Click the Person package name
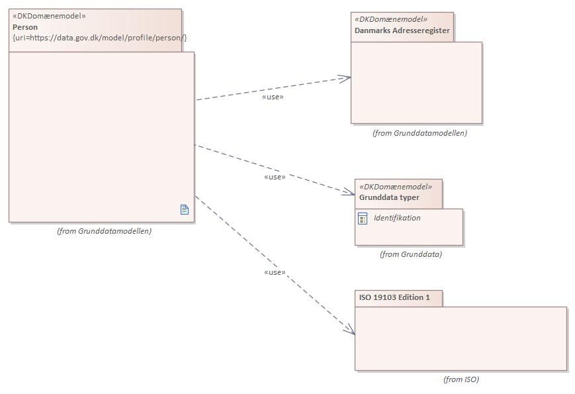pyautogui.click(x=25, y=27)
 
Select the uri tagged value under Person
pyautogui.click(x=100, y=38)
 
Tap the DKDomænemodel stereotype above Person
pyautogui.click(x=49, y=16)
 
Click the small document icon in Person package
pyautogui.click(x=185, y=209)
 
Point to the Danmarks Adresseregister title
pyautogui.click(x=402, y=30)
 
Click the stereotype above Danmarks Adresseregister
pyautogui.click(x=391, y=19)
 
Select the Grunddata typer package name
pyautogui.click(x=389, y=197)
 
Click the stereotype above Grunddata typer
pyautogui.click(x=395, y=187)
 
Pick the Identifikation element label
pyautogui.click(x=397, y=218)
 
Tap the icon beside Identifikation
pyautogui.click(x=363, y=219)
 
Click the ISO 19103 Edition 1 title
pyautogui.click(x=394, y=297)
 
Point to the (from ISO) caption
pyautogui.click(x=461, y=379)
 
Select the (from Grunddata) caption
pyautogui.click(x=411, y=254)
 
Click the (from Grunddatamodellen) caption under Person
pyautogui.click(x=104, y=231)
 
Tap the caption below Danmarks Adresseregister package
pyautogui.click(x=420, y=133)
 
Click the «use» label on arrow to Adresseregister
pyautogui.click(x=273, y=97)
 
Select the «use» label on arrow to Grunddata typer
pyautogui.click(x=275, y=177)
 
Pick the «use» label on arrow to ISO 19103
pyautogui.click(x=275, y=273)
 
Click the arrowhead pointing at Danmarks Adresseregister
pyautogui.click(x=346, y=78)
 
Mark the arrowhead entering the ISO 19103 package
pyautogui.click(x=350, y=329)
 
